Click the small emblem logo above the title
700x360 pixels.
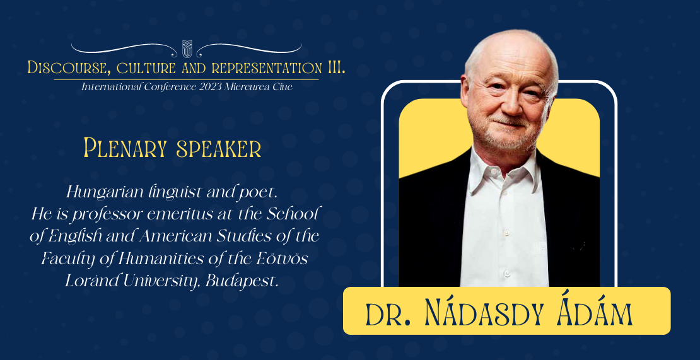[187, 49]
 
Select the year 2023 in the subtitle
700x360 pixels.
[209, 87]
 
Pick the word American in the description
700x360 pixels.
[170, 236]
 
